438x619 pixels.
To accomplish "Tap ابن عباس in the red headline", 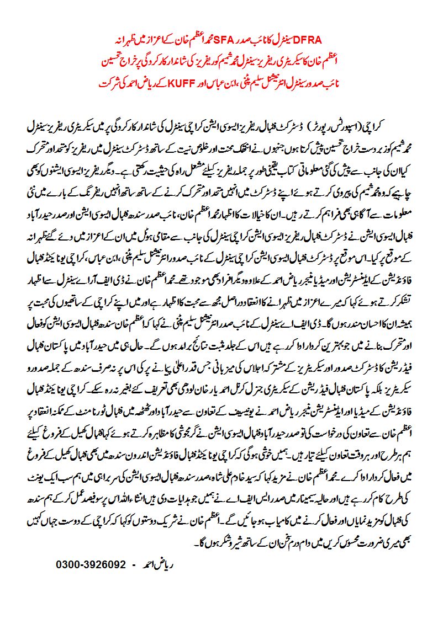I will (x=203, y=86).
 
